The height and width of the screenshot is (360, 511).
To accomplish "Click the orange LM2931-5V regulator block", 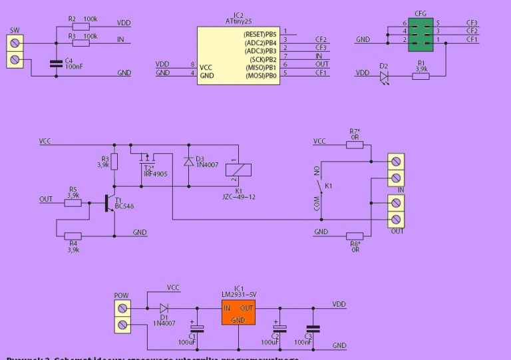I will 238,312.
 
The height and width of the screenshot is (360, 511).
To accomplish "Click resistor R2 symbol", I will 81,26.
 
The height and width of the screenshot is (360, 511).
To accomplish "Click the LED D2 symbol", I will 384,77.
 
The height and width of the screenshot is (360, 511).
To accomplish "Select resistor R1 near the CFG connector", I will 421,77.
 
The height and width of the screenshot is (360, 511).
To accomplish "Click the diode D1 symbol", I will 164,308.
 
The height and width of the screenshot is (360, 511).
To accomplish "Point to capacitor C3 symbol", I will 311,328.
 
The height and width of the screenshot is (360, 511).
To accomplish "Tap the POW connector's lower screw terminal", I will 122,325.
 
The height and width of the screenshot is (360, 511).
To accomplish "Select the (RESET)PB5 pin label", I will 259,33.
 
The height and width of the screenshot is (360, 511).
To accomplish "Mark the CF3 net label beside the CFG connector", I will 472,23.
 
